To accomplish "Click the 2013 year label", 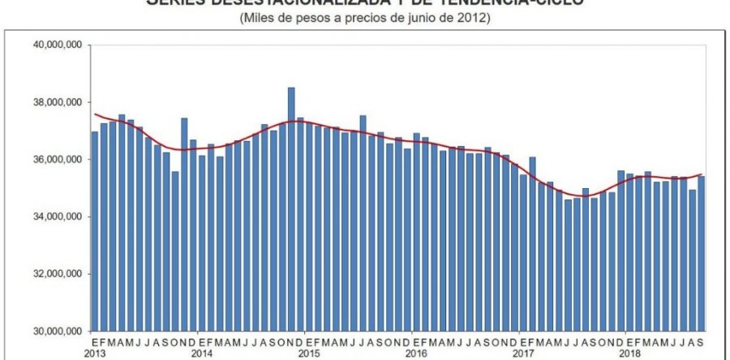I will tap(94, 354).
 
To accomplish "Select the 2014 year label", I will tap(202, 354).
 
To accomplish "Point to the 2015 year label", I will tap(309, 354).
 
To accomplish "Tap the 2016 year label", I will tap(416, 354).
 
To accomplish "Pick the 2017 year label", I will tap(523, 354).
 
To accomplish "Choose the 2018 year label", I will tap(630, 354).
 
